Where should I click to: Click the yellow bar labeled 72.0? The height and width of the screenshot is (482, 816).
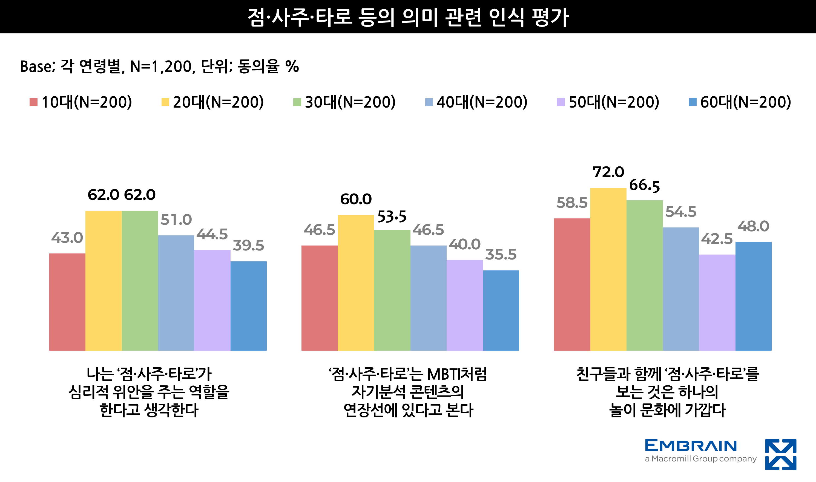(608, 269)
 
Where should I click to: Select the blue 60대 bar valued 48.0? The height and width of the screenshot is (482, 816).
(753, 296)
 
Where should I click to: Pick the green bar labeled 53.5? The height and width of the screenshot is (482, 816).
(392, 290)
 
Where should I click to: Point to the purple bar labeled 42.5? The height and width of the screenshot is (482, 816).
(717, 302)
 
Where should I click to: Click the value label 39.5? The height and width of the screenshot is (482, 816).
(249, 246)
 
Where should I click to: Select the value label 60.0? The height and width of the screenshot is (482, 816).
(356, 199)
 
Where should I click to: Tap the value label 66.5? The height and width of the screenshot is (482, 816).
(645, 186)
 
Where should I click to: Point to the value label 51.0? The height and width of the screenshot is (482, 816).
(176, 220)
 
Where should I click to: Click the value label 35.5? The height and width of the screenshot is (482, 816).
(501, 255)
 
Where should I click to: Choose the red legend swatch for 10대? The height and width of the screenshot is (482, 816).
(33, 102)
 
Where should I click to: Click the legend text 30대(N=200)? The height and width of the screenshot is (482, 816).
(350, 102)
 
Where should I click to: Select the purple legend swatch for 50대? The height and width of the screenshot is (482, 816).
(561, 102)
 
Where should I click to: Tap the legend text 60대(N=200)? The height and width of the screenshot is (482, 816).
(746, 102)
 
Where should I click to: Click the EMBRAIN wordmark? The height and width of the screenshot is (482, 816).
(691, 446)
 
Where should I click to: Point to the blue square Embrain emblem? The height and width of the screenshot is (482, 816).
(781, 454)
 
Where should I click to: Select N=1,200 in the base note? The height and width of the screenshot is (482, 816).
(161, 67)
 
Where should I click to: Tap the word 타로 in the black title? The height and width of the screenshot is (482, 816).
(334, 17)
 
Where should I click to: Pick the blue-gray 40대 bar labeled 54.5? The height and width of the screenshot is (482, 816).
(680, 289)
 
